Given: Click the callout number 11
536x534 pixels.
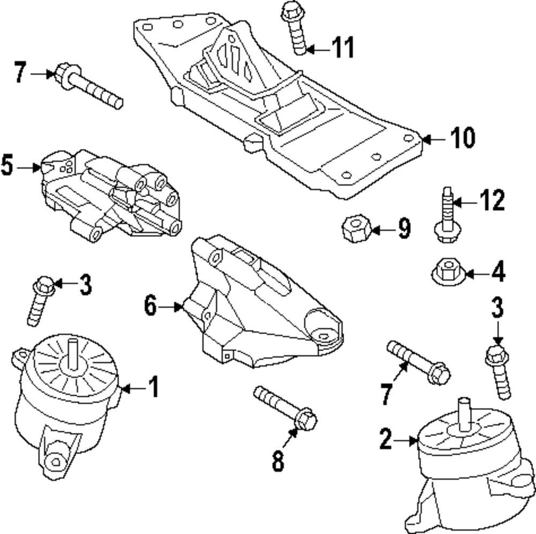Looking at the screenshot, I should click(x=341, y=48).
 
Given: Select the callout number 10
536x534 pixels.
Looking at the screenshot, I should click(x=462, y=138).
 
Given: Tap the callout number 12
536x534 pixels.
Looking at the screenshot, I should click(x=492, y=201).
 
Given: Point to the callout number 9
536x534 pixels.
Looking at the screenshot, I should click(x=404, y=229).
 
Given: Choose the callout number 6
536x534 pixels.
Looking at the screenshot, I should click(x=151, y=306).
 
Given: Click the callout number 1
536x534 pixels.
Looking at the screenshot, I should click(x=154, y=387).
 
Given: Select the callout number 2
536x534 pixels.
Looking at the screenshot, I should click(x=386, y=440).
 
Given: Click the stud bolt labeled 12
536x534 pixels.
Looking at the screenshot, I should click(x=446, y=217).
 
